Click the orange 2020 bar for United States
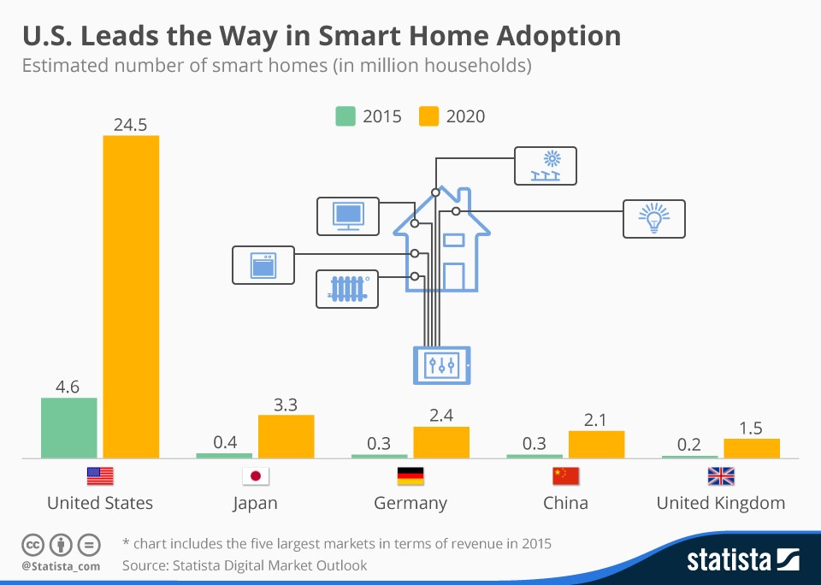[x=131, y=296]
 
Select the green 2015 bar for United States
[x=69, y=428]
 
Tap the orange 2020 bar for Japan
[x=286, y=436]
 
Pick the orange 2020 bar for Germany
[x=441, y=442]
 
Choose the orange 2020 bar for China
[x=596, y=444]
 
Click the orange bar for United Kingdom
[x=752, y=448]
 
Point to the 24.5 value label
[x=131, y=125]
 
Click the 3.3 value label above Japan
[x=286, y=405]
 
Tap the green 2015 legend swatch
[x=346, y=116]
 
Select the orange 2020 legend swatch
[x=428, y=116]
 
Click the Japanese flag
[x=255, y=476]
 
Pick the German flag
[x=410, y=476]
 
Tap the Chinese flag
[x=566, y=476]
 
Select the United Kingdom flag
[x=721, y=476]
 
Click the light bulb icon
[x=654, y=219]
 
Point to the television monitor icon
[x=347, y=216]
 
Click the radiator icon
[x=347, y=289]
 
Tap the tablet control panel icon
[x=441, y=365]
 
